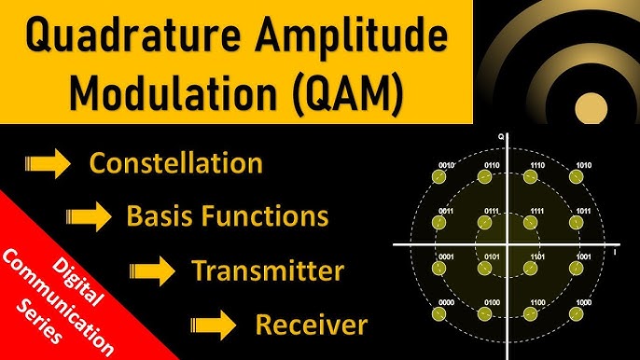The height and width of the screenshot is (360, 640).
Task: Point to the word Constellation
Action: point(175,163)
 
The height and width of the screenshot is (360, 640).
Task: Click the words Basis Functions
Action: point(227,217)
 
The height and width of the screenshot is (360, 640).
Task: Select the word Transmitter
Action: point(268,271)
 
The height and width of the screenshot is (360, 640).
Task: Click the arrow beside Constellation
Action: point(47,165)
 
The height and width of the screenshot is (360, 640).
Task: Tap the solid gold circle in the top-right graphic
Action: point(591,109)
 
